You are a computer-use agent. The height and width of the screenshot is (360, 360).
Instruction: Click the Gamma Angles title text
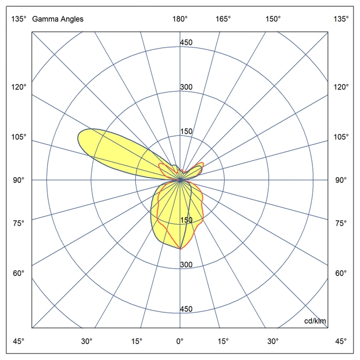pos(58,19)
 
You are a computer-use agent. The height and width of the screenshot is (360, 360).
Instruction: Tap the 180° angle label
pos(180,19)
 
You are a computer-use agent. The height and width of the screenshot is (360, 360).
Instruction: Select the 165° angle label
pos(223,19)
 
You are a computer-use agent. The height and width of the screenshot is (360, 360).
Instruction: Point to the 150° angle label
pos(273,19)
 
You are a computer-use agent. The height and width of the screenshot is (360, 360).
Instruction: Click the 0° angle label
pos(180,341)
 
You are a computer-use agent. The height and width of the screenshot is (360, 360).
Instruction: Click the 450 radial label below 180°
pos(186,42)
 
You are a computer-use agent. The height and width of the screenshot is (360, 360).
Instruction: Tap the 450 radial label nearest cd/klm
pos(186,309)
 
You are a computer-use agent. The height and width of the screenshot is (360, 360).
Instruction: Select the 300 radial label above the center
pos(186,87)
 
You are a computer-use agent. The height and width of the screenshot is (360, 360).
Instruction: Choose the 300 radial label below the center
pos(186,265)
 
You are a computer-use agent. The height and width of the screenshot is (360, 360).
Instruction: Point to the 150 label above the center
pos(186,131)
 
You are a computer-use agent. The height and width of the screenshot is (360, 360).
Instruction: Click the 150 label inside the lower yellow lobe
pos(186,220)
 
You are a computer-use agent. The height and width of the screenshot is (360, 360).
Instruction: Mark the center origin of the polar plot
pos(180,180)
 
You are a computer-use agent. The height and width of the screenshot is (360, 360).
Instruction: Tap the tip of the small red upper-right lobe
pos(203,163)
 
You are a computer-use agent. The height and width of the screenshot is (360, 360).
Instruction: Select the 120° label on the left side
pos(19,87)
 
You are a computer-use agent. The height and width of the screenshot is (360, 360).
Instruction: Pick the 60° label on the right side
pos(342,273)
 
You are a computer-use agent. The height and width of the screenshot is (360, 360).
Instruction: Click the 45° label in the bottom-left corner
pos(19,341)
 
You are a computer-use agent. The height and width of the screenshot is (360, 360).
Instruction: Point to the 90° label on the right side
pos(342,180)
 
